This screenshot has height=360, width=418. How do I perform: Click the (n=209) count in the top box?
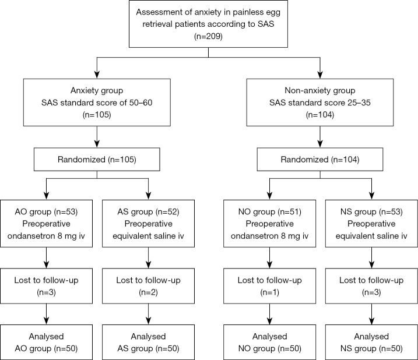point(208,36)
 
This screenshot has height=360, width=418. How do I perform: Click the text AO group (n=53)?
point(47,212)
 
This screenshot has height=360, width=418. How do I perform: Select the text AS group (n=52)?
point(148,212)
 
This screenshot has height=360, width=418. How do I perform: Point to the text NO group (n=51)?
point(270,212)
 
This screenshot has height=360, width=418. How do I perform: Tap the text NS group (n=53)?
point(371,212)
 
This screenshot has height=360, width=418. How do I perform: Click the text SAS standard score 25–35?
point(320,103)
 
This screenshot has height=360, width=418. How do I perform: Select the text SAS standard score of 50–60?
point(97,103)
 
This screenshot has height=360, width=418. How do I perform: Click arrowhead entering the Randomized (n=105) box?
point(97,144)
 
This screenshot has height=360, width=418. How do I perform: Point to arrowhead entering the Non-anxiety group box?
point(320,75)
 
